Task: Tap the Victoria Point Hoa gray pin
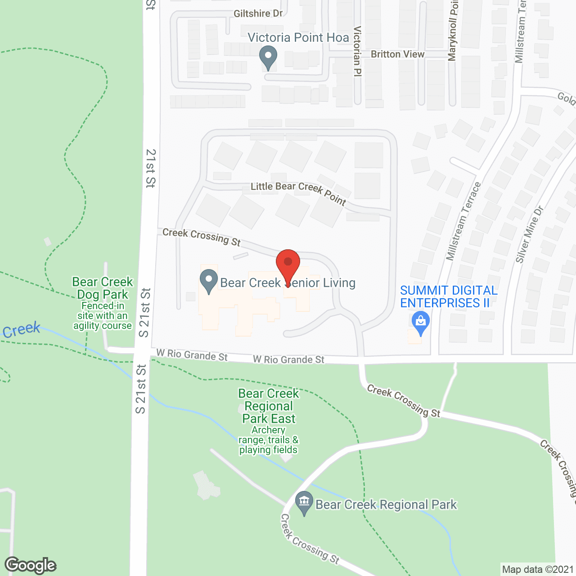[x=268, y=58]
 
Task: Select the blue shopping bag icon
[x=421, y=323]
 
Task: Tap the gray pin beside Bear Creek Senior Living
[x=208, y=281]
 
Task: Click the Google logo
[x=31, y=565]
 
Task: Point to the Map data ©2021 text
[x=538, y=569]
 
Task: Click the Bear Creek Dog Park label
[x=103, y=288]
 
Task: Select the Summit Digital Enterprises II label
[x=449, y=297]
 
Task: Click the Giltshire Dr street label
[x=258, y=13]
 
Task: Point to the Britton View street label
[x=397, y=54]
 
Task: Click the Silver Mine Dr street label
[x=530, y=234]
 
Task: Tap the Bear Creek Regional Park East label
[x=269, y=406]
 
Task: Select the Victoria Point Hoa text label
[x=298, y=37]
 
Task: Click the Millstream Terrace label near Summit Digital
[x=463, y=221]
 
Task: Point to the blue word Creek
[x=22, y=330]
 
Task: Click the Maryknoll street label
[x=453, y=31]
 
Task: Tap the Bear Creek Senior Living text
[x=288, y=283]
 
